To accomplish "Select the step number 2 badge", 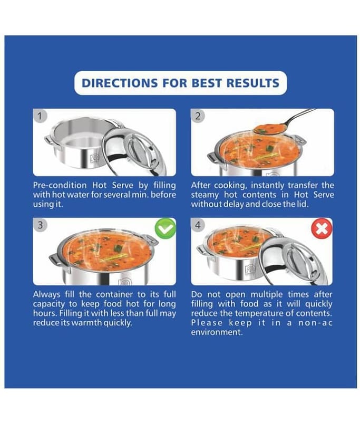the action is (x=198, y=116).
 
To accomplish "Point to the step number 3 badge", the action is (x=41, y=225).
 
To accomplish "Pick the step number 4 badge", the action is (x=198, y=225).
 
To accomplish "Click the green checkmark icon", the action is (x=166, y=228).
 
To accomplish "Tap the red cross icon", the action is (x=322, y=228).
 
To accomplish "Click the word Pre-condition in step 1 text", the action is (x=60, y=185).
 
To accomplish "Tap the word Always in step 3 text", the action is (x=46, y=295).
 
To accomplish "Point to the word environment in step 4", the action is (x=217, y=332).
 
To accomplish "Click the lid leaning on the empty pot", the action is (x=134, y=151).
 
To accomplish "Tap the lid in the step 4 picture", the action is (x=295, y=261).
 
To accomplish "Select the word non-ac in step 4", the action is (x=315, y=323).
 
